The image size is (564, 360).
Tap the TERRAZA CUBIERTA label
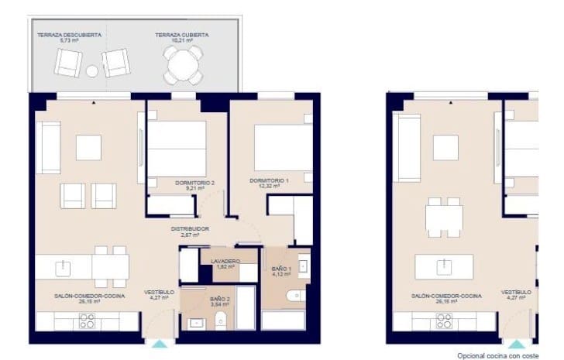[183, 35]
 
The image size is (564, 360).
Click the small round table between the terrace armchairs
[92, 71]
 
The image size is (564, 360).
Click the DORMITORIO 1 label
[269, 181]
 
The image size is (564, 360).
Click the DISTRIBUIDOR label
[191, 229]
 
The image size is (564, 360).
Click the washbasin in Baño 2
[195, 323]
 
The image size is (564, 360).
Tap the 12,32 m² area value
[269, 187]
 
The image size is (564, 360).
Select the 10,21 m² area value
[183, 41]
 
